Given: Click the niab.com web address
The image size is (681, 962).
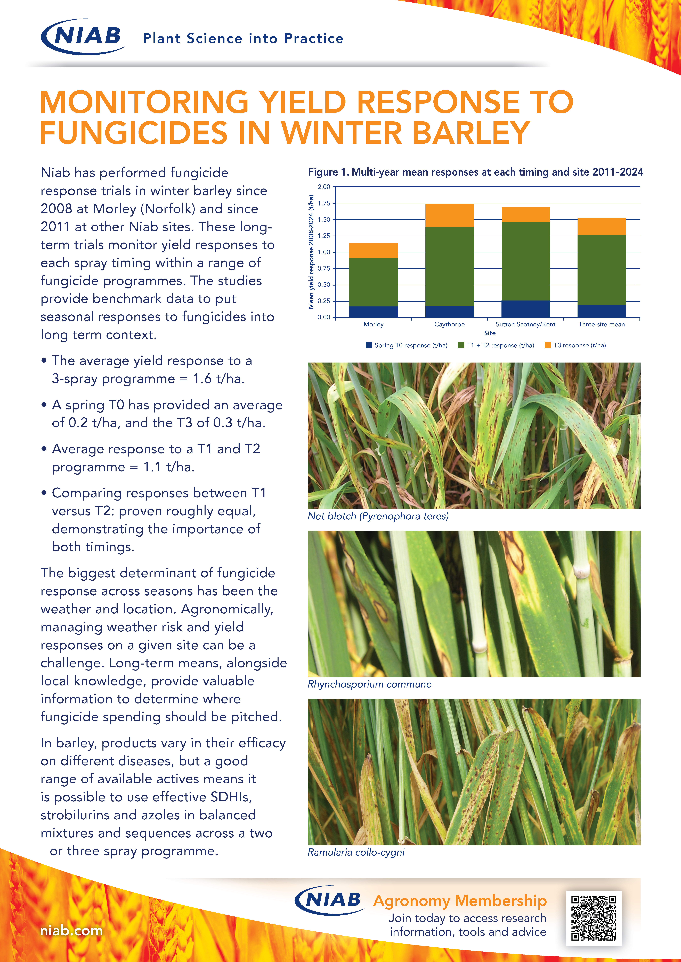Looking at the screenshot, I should [x=71, y=931].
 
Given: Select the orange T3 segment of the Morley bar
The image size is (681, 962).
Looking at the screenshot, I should [x=373, y=251].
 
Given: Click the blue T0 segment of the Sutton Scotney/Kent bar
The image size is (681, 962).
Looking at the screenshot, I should [x=525, y=309].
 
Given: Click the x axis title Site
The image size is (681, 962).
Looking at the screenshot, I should [x=489, y=333].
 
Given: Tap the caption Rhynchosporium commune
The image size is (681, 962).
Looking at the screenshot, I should [x=369, y=684].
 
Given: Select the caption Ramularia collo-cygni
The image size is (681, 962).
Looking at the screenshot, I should [x=356, y=852].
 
